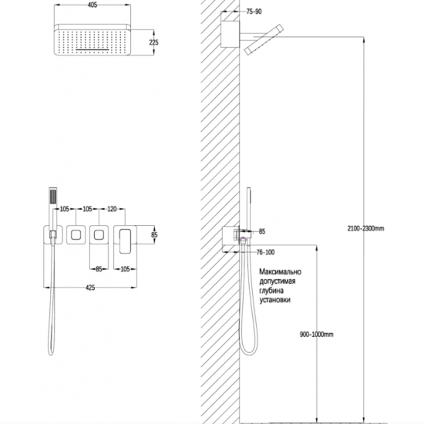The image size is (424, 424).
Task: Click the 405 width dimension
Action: coord(93,5)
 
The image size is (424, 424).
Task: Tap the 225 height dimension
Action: coord(154,42)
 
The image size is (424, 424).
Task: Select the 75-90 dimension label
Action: coord(254,12)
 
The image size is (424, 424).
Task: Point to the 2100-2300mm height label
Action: coord(365,228)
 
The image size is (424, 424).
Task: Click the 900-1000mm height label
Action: coord(316,335)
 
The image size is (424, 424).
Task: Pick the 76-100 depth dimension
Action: coord(265,252)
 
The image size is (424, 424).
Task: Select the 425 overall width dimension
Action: coord(90,288)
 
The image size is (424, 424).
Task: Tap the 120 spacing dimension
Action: coord(112,209)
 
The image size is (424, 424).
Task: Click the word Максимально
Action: coord(280,271)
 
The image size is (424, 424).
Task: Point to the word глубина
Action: coord(271,291)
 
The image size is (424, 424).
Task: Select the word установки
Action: coord(274,300)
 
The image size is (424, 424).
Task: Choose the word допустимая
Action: coord(278,281)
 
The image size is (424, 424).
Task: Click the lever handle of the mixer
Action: coord(125,241)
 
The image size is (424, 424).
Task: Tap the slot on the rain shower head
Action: coord(93,50)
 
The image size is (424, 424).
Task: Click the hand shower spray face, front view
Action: coord(53,197)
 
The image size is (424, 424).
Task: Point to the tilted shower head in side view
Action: coord(264,40)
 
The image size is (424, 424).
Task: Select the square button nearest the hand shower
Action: coord(76,234)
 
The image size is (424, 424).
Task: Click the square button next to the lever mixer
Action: coord(99,234)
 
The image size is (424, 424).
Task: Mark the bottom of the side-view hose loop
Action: coord(248,355)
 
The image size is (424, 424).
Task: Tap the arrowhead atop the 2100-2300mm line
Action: coord(364,39)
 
